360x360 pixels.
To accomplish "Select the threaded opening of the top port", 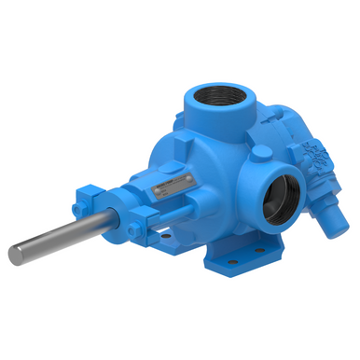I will (x=219, y=96).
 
